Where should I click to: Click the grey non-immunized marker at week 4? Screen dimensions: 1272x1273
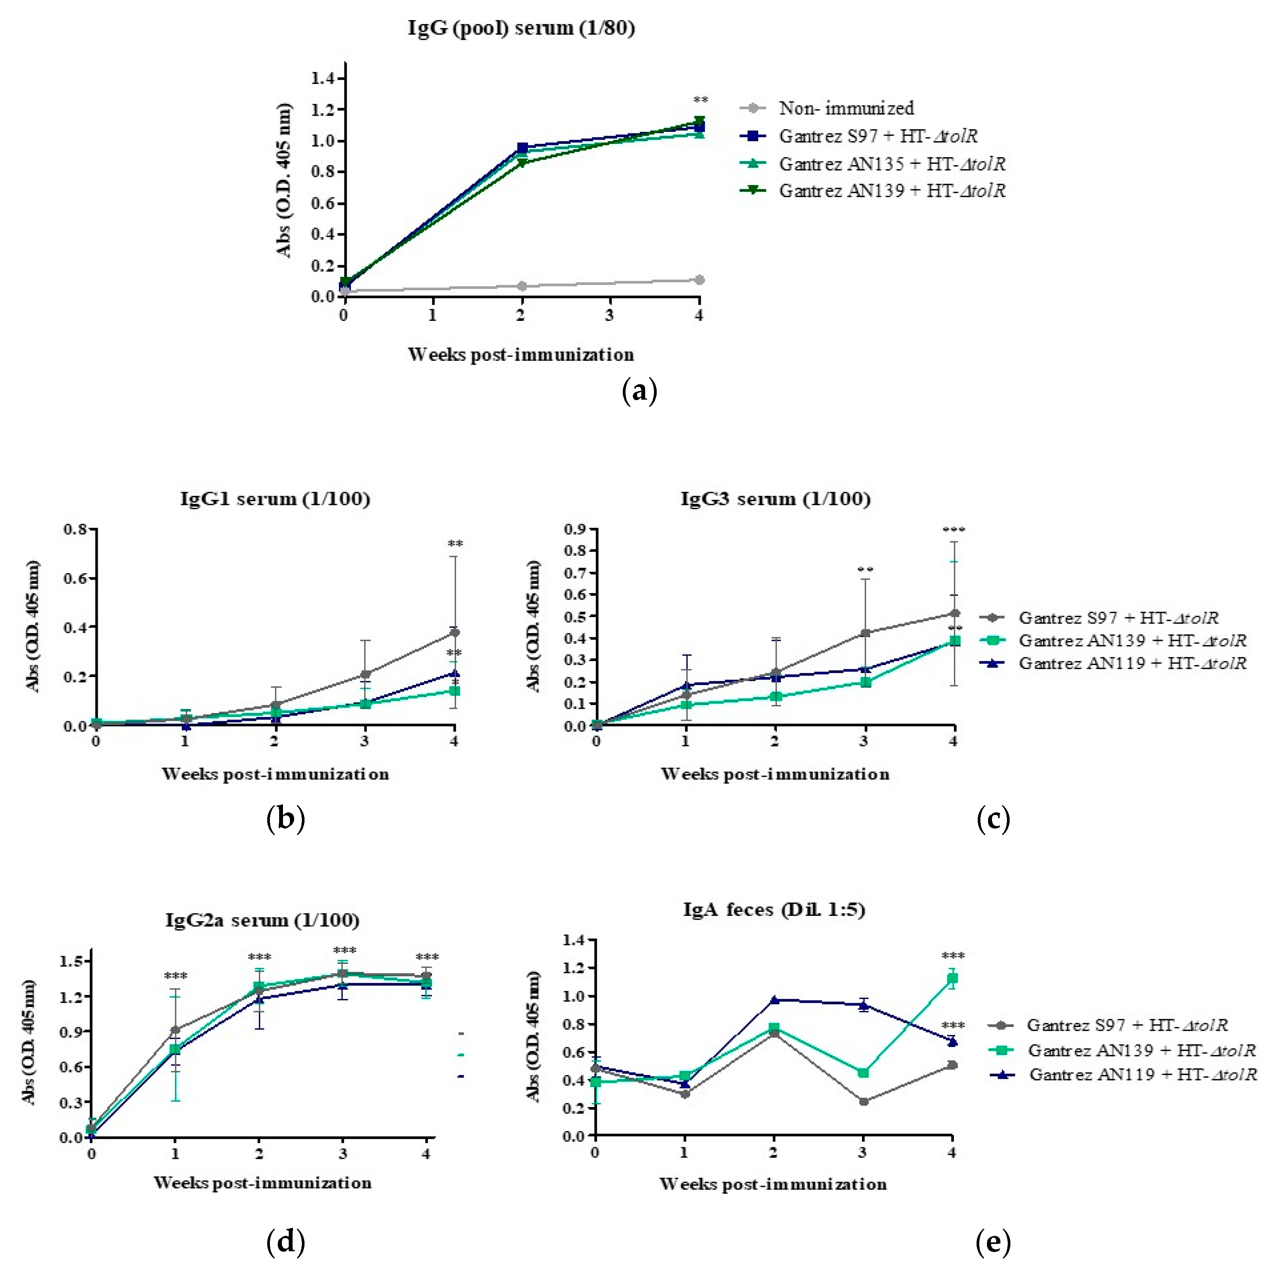(x=699, y=280)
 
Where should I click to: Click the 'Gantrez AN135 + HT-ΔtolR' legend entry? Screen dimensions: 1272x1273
(x=892, y=163)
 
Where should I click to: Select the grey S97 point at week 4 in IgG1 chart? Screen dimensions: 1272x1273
(x=454, y=633)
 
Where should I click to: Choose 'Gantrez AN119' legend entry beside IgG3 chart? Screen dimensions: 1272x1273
(x=1132, y=663)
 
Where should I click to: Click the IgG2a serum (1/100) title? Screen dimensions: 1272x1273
(x=262, y=920)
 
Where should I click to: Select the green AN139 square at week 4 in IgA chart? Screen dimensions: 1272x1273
(x=952, y=979)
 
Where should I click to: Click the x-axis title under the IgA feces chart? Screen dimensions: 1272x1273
(x=772, y=1184)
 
